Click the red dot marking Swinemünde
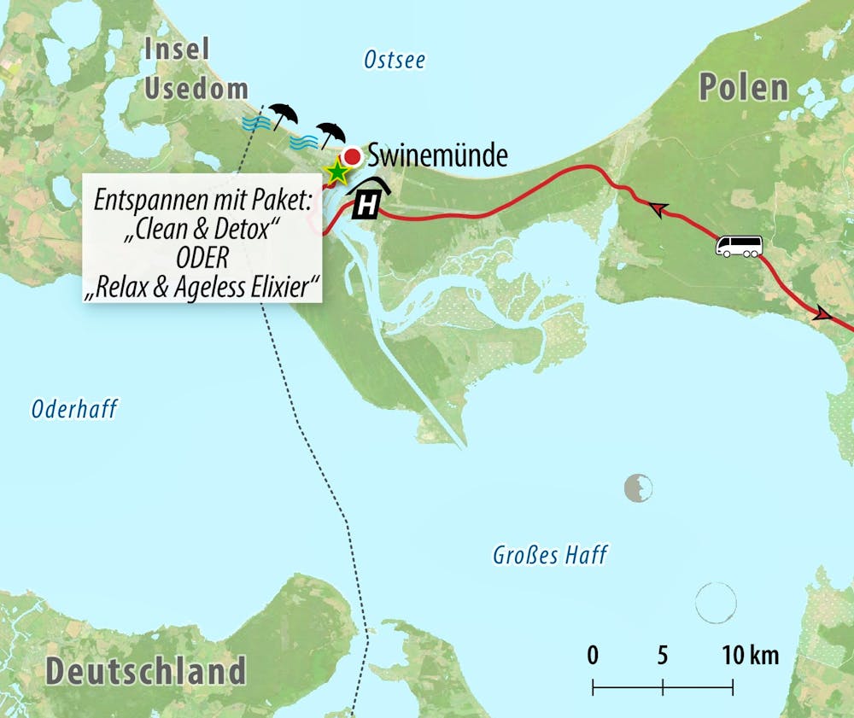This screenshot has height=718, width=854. click(351, 155)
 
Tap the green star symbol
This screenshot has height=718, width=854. click(337, 172)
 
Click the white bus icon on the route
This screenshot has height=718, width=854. click(738, 248)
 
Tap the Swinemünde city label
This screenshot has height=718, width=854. click(437, 155)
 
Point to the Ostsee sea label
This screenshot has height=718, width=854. click(394, 60)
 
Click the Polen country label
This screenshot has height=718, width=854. click(743, 87)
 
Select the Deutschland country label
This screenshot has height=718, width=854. click(145, 670)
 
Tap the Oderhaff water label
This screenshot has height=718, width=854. click(74, 410)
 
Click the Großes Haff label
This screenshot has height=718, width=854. click(550, 555)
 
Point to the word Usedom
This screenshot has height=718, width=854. click(196, 88)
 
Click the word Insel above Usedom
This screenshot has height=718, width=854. click(178, 49)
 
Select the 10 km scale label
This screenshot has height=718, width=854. click(750, 656)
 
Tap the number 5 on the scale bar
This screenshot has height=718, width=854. click(663, 656)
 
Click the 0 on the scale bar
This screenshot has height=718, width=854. click(593, 656)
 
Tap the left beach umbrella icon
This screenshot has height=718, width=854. click(282, 114)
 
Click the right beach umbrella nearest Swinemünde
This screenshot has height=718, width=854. click(330, 134)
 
